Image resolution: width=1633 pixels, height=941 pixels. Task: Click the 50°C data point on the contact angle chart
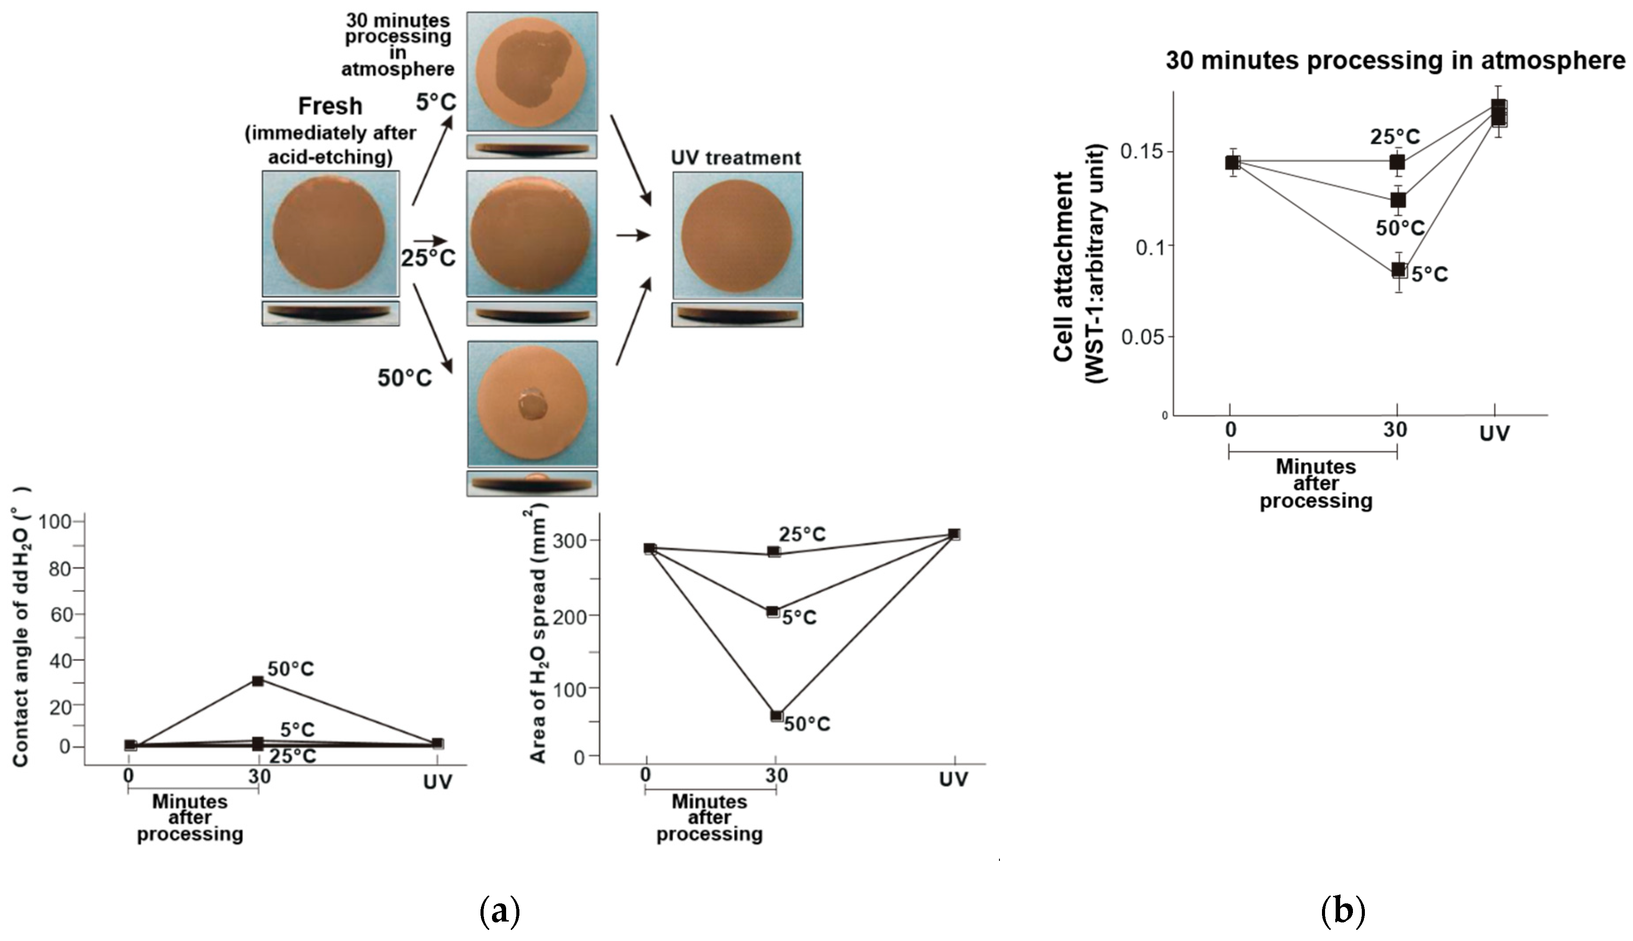point(258,681)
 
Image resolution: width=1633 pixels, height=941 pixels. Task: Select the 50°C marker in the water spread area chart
point(776,715)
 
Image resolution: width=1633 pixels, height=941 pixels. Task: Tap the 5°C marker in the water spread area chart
point(772,611)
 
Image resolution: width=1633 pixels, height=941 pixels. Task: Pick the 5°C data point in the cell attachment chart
point(1398,270)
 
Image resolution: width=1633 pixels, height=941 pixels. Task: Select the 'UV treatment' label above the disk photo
point(736,158)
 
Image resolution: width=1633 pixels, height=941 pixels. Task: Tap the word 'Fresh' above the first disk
point(330,106)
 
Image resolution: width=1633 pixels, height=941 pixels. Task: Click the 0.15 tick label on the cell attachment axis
point(1141,153)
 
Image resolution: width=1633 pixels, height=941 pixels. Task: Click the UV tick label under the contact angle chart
point(438,783)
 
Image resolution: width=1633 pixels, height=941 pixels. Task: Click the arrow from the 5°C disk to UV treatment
point(630,158)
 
